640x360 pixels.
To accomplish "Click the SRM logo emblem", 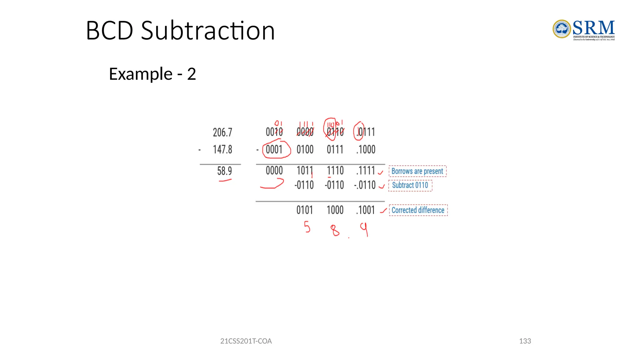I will [562, 29].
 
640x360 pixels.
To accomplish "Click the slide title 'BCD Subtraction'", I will [180, 31].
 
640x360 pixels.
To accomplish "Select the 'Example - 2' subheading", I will [152, 74].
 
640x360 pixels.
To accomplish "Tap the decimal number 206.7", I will [222, 132].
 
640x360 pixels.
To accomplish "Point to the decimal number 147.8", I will [222, 149].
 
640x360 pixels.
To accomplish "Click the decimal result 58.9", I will [224, 171].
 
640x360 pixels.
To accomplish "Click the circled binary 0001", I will [274, 150].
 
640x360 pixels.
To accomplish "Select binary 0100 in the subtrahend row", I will [305, 150].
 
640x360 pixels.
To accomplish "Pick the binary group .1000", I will [366, 150].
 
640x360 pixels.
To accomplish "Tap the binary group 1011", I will [305, 171].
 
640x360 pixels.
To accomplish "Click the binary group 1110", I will [335, 171].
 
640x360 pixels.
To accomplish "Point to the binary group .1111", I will [365, 171].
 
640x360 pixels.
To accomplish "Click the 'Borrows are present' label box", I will [417, 171].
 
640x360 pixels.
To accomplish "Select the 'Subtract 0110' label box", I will [410, 185].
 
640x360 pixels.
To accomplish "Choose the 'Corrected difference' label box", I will [418, 210].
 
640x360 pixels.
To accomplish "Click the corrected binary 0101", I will [305, 210].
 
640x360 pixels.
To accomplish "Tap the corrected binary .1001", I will [365, 210].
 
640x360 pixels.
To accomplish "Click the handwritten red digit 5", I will [307, 227].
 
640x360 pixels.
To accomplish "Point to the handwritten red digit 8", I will [335, 231].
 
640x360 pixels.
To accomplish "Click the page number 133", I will [525, 341].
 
